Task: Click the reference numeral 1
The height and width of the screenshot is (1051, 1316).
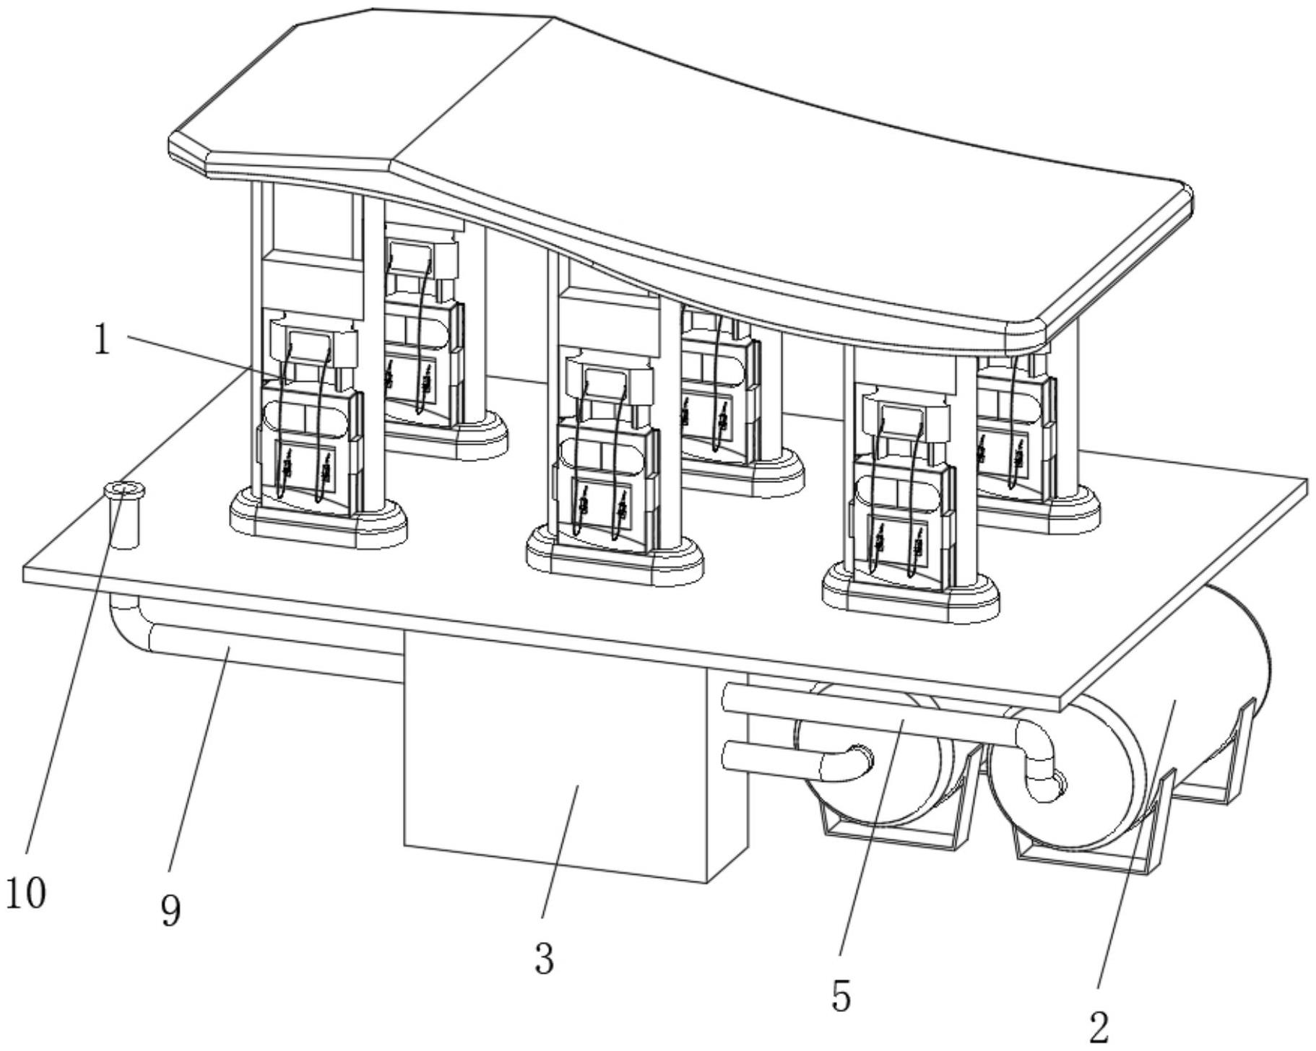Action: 102,340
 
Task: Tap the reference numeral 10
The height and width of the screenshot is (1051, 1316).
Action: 25,893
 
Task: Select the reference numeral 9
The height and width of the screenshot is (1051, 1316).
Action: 170,911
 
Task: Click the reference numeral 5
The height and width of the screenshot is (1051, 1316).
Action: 841,996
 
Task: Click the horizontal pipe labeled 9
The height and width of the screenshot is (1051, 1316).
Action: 274,653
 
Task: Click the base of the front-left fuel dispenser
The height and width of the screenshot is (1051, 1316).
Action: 318,523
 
